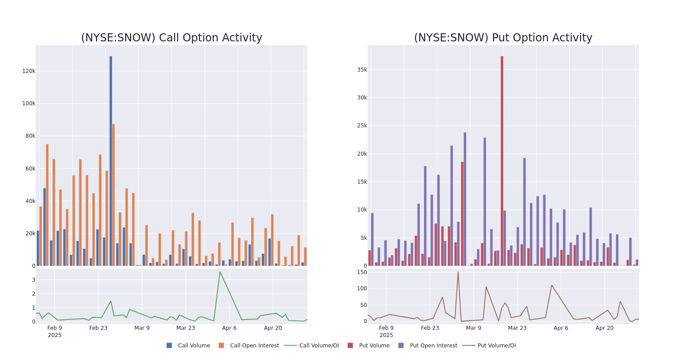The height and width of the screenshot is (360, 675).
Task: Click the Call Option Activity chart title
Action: [171, 38]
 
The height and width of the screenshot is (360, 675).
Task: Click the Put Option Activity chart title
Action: [503, 38]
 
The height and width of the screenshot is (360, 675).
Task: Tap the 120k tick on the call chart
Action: [29, 71]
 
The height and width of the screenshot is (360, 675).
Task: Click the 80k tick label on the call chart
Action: [29, 136]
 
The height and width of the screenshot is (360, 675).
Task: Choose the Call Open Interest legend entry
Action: [254, 346]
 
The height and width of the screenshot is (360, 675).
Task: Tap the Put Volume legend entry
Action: [374, 346]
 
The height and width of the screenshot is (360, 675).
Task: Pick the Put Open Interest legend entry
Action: [433, 346]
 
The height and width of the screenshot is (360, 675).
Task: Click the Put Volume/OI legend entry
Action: [496, 346]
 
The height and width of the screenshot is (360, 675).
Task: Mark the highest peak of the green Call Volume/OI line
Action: [220, 271]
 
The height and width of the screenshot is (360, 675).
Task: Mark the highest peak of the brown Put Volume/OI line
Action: [458, 271]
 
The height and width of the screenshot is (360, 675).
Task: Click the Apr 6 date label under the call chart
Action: [229, 328]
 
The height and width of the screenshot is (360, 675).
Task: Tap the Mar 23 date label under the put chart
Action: [517, 328]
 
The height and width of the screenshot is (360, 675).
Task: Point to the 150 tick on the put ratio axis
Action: [362, 272]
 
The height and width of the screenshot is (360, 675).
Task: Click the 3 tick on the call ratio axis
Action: [33, 280]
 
